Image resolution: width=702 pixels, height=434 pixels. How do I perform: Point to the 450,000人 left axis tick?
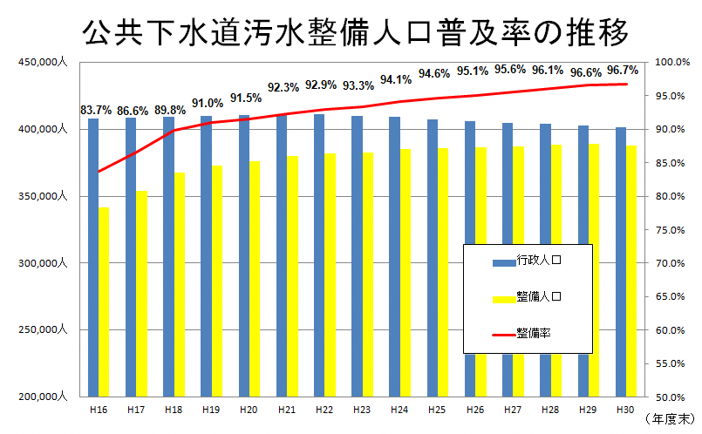pyautogui.click(x=41, y=63)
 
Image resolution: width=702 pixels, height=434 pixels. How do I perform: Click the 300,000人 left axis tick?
pyautogui.click(x=41, y=263)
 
